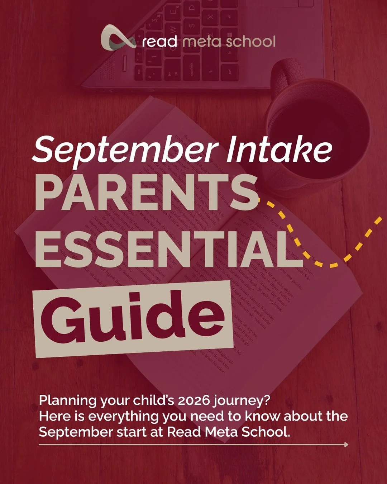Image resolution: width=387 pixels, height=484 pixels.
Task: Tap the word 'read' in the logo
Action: pyautogui.click(x=159, y=42)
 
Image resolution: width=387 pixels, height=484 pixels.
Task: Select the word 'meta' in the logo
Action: pyautogui.click(x=201, y=42)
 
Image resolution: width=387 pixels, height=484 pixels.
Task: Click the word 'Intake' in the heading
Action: pyautogui.click(x=279, y=148)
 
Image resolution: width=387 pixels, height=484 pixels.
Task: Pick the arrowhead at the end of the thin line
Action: pyautogui.click(x=346, y=445)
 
